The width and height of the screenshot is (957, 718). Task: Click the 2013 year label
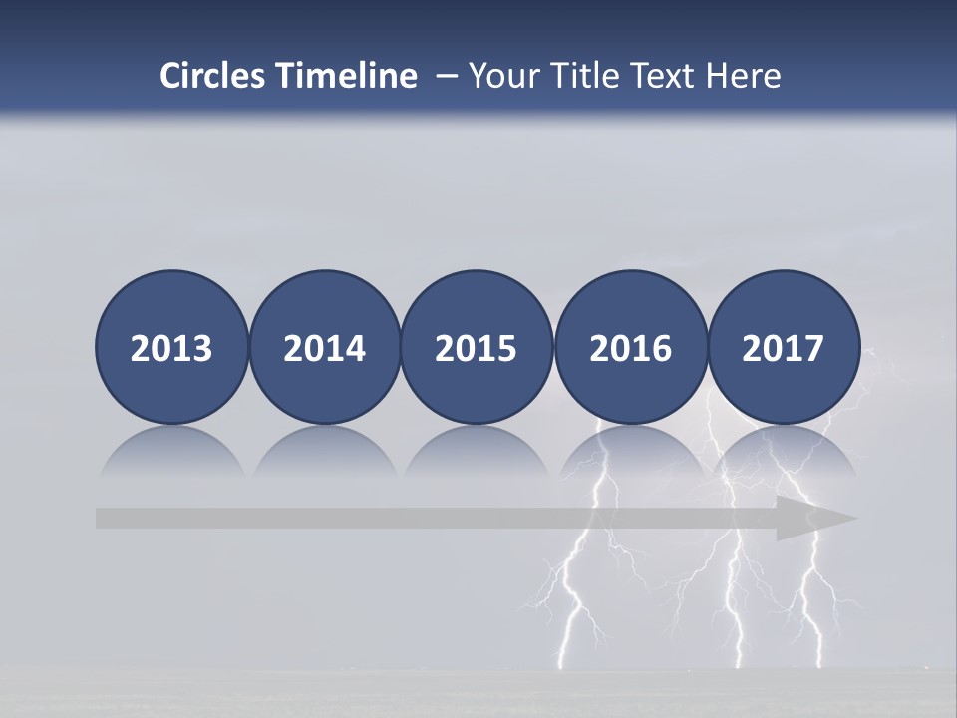(x=171, y=349)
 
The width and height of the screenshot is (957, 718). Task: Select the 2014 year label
(x=324, y=349)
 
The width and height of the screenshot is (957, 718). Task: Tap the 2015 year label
(x=477, y=349)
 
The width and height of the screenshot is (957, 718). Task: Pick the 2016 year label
(x=631, y=349)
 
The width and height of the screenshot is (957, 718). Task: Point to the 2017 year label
(x=784, y=349)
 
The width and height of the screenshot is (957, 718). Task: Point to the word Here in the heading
(x=744, y=76)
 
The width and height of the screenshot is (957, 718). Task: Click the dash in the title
(x=446, y=77)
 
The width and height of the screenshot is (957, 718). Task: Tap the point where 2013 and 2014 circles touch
(x=248, y=348)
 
